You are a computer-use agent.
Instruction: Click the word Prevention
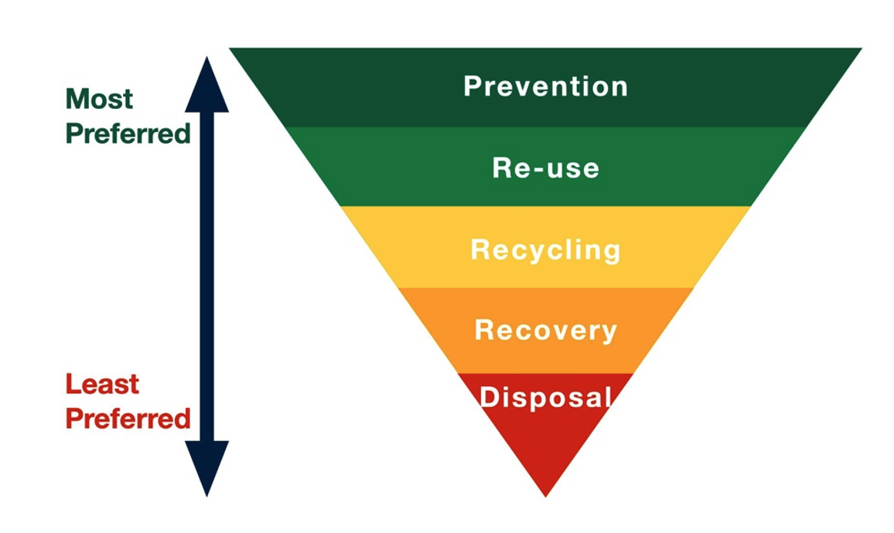click(545, 86)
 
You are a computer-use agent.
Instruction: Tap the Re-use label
click(545, 168)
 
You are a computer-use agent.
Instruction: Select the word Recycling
click(545, 250)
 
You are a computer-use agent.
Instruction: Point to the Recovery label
click(545, 330)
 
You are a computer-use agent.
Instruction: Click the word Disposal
click(545, 397)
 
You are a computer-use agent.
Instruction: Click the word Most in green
click(99, 99)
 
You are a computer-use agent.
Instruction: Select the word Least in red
click(101, 384)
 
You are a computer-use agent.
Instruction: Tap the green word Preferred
click(128, 134)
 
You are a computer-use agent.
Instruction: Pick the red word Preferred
click(128, 419)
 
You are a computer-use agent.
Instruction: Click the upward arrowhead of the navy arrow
click(206, 85)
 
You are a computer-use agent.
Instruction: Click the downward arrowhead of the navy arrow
click(206, 467)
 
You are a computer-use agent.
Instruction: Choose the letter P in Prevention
click(472, 86)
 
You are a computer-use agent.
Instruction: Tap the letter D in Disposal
click(489, 397)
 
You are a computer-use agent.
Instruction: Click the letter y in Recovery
click(609, 333)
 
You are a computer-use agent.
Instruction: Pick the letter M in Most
click(77, 99)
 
